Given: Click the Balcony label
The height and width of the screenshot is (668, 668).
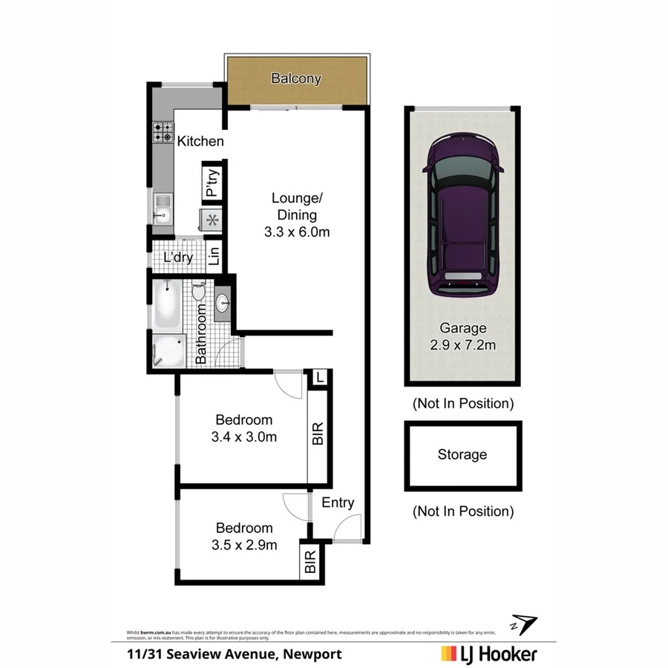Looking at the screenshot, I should [296, 79].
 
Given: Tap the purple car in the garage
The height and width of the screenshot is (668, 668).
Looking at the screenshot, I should [461, 220].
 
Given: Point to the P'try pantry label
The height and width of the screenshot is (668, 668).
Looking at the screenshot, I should [212, 183].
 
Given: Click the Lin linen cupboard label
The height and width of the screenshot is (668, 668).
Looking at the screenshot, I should [215, 256].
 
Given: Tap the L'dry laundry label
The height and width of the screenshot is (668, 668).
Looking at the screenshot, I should [178, 258].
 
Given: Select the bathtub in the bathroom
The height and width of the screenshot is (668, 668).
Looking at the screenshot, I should [166, 305].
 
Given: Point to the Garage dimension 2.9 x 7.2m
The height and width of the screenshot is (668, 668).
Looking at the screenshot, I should [462, 344].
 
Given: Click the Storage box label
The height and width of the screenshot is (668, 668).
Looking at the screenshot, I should [462, 454].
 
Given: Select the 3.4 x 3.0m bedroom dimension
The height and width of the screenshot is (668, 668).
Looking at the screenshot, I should [244, 436].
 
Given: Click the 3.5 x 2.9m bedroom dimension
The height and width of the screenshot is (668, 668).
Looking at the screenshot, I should [244, 546].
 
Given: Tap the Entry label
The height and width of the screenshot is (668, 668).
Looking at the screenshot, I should [338, 502].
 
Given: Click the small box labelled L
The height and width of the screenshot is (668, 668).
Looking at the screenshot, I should [319, 378].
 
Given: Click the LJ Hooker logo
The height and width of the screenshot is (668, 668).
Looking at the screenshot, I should [489, 654].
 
